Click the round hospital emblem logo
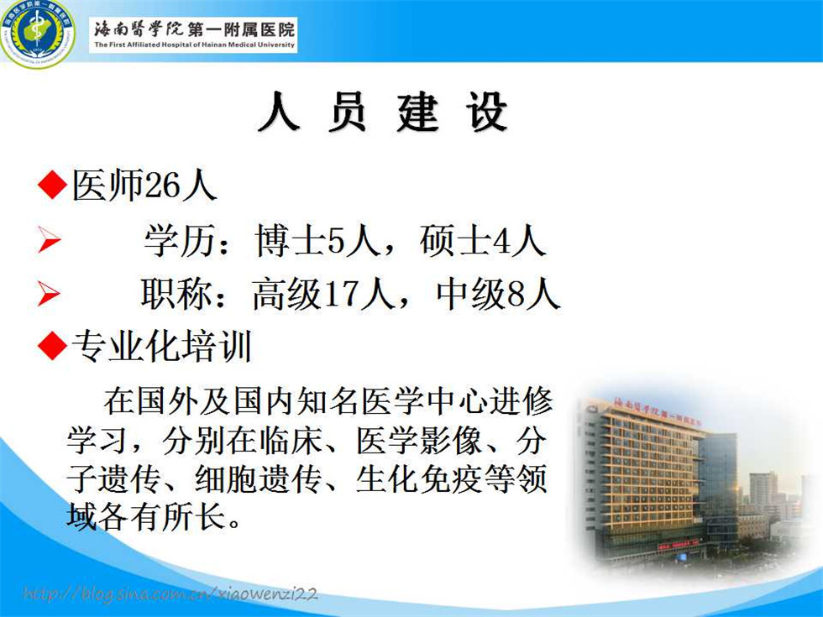point(37,33)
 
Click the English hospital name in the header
point(194,45)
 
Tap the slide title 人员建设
point(383,111)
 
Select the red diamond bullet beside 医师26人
point(52,184)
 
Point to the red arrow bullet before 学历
point(49,241)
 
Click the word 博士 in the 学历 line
point(291,241)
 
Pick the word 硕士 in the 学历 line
point(454,241)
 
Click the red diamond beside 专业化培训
point(52,345)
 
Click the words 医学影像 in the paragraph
point(419,440)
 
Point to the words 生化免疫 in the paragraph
point(419,478)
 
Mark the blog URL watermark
point(170,593)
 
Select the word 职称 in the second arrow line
point(176,294)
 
